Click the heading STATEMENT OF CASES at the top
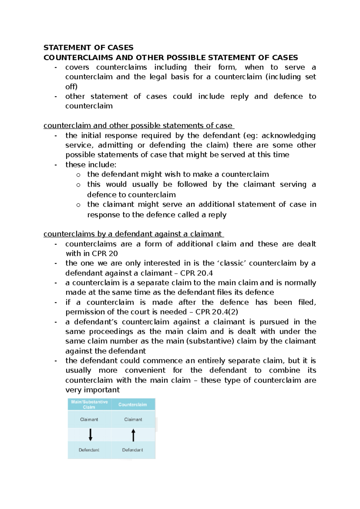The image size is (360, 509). coord(88,47)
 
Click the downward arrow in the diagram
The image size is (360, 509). coord(90,435)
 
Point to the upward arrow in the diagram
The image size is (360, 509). coord(133,435)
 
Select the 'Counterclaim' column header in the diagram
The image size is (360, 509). coord(133,405)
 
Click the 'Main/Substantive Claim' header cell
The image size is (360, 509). coord(89,404)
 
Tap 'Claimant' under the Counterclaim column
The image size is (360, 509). coord(133,419)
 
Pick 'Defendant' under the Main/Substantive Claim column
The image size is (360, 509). coord(89,450)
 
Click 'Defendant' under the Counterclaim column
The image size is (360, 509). coord(133,450)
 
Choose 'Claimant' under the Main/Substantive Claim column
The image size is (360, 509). coord(89,419)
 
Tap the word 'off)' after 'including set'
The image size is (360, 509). coord(71,86)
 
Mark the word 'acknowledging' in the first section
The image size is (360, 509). coord(289,135)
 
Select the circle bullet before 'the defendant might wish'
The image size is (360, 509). coord(78,175)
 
